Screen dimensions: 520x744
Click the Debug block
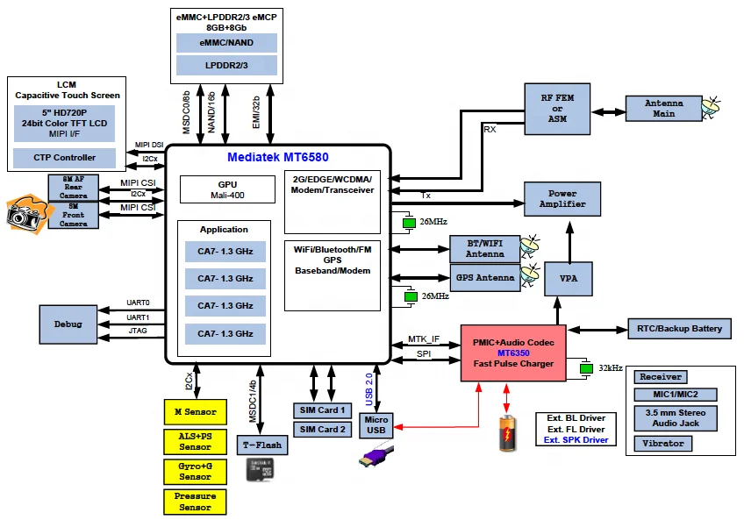[68, 324]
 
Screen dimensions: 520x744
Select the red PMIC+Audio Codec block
[513, 353]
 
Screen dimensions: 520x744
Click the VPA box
[568, 278]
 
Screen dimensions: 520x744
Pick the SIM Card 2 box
[321, 429]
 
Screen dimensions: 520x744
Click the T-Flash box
[261, 445]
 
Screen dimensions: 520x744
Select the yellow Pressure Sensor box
[195, 502]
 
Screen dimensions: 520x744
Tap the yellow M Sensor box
[195, 412]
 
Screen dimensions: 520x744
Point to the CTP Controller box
[65, 158]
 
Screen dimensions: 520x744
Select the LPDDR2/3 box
[226, 66]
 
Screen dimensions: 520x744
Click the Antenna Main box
[663, 109]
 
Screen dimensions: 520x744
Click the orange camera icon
[25, 213]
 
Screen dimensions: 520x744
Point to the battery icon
[508, 433]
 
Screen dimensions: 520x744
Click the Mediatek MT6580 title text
[276, 158]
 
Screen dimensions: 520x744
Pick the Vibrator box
[662, 444]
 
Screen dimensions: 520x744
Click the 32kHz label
[611, 368]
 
